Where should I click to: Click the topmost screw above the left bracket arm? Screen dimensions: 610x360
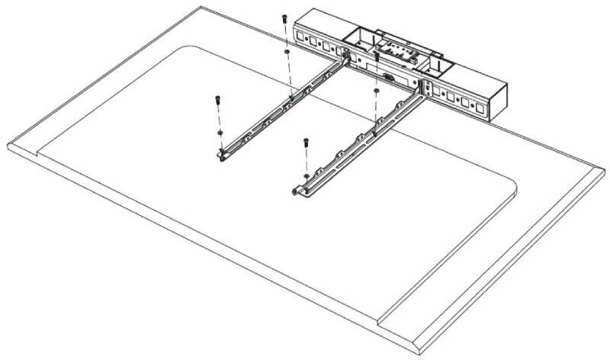pyautogui.click(x=284, y=18)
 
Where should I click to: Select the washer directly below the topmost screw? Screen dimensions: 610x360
pyautogui.click(x=285, y=53)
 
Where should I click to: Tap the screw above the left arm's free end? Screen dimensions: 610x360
pyautogui.click(x=217, y=99)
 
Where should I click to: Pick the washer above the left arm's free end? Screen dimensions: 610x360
pyautogui.click(x=220, y=132)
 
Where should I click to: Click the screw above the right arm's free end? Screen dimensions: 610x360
pyautogui.click(x=305, y=142)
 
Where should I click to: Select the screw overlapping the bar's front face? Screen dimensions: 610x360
pyautogui.click(x=377, y=57)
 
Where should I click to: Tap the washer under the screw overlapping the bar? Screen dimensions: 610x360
pyautogui.click(x=376, y=91)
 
